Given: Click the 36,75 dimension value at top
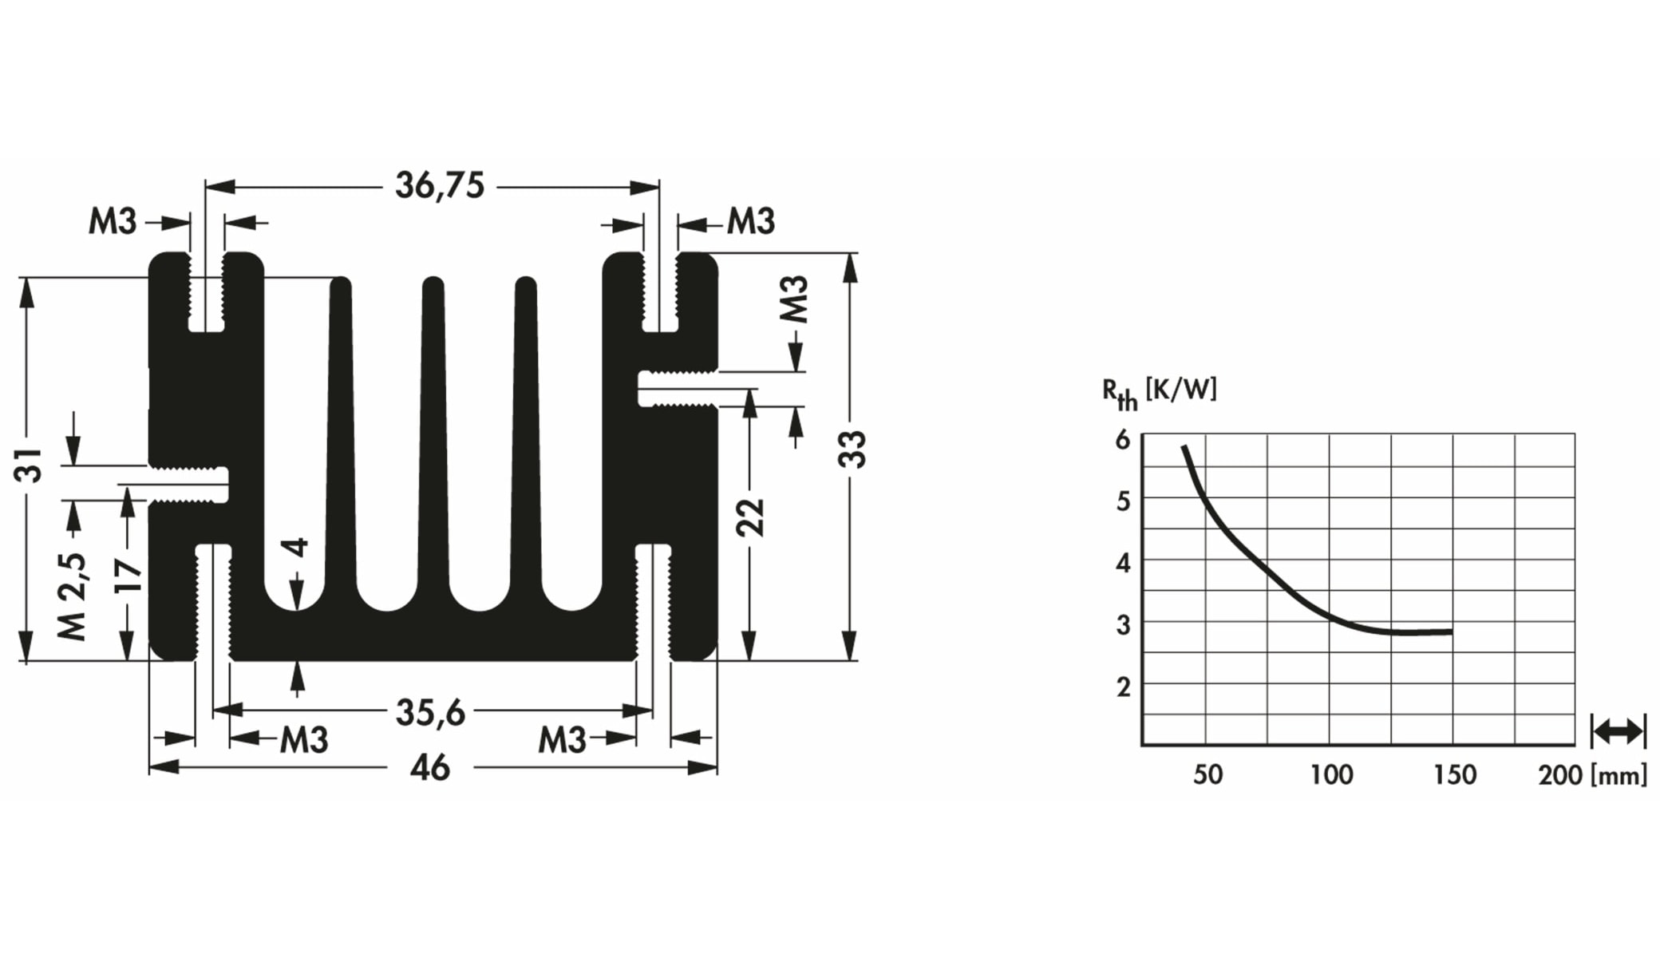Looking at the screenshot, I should tap(440, 186).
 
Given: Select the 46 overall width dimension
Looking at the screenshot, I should tap(430, 768).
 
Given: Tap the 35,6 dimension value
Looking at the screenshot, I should tap(430, 712).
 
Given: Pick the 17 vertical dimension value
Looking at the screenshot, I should tap(128, 576).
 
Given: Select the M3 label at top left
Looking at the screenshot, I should tap(113, 221).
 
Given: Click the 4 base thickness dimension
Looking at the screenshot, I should tap(296, 548).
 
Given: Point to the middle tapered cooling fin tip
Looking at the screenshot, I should tap(433, 286).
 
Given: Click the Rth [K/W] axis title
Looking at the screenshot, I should tap(1159, 392).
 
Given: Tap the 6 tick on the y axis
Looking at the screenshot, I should tap(1123, 439).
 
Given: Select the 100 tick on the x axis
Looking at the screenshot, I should tap(1331, 774).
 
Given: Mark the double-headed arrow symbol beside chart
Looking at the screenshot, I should tap(1618, 731).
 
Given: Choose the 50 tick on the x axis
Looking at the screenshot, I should tap(1207, 774).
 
